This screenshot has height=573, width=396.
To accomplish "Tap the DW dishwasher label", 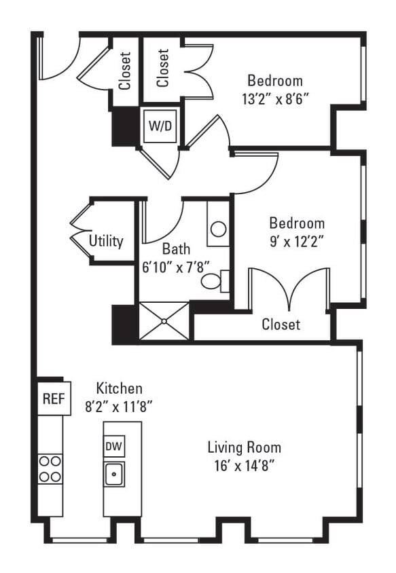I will tap(113, 446).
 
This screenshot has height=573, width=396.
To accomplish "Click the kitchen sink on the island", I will tap(114, 473).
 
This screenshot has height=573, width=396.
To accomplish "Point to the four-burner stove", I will tap(50, 468).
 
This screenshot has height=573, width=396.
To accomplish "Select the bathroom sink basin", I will tap(218, 229).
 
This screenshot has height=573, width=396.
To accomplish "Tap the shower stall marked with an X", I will tap(163, 321).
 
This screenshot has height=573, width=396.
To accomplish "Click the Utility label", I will tap(106, 241).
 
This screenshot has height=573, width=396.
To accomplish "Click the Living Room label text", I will tap(244, 448).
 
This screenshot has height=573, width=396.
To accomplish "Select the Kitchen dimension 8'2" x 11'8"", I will tap(119, 407).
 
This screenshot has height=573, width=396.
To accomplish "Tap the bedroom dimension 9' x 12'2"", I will tap(297, 240).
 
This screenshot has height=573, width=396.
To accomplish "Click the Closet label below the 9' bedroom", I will tap(281, 325).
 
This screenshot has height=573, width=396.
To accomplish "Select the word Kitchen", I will tap(119, 389).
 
